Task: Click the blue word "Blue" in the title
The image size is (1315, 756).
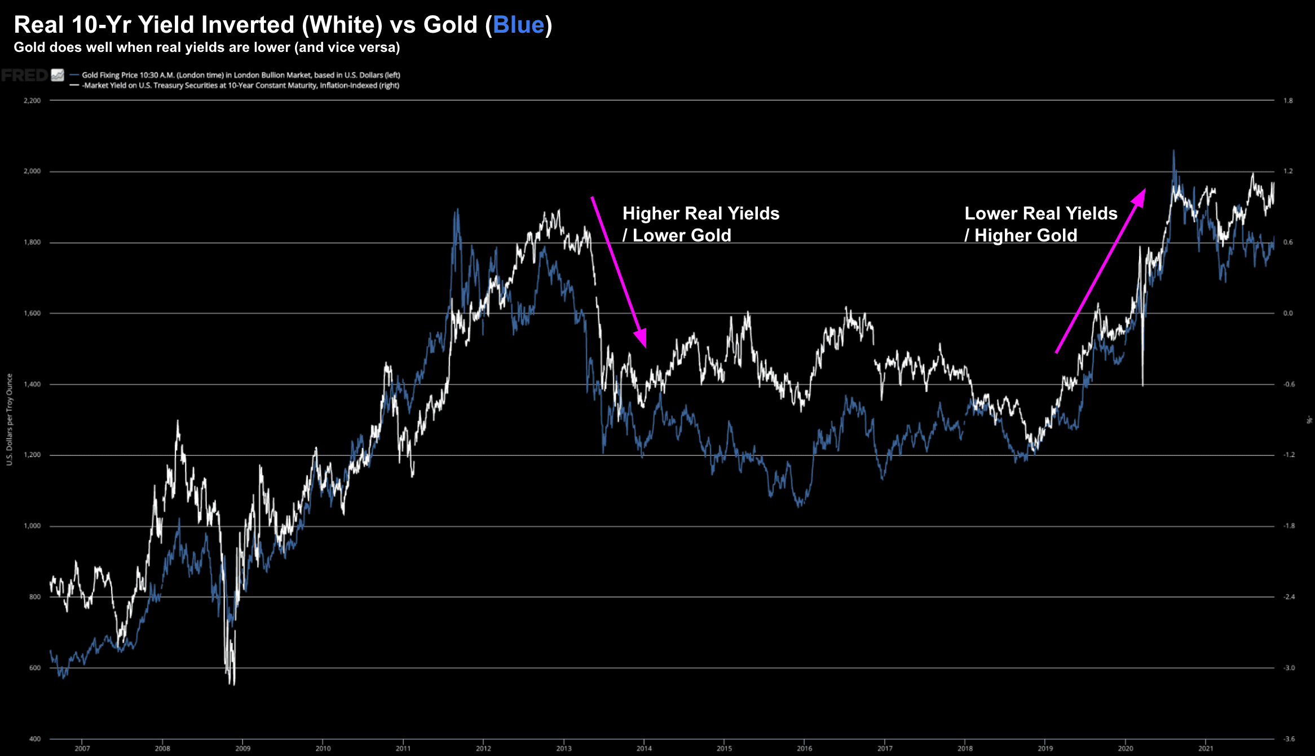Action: click(518, 25)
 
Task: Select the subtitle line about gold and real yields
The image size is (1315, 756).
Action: click(206, 47)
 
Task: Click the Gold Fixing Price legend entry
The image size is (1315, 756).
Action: click(241, 75)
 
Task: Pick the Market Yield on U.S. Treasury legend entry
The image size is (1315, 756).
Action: click(241, 86)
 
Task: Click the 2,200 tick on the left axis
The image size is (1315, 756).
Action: click(32, 100)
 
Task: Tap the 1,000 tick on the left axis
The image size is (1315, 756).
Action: click(32, 526)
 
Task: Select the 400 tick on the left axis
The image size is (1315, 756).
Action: click(35, 739)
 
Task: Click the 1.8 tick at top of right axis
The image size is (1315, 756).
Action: click(1288, 100)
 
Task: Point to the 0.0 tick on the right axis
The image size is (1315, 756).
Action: click(1288, 313)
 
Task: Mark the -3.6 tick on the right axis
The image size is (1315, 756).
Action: click(1288, 739)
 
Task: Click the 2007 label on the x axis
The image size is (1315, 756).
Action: click(82, 749)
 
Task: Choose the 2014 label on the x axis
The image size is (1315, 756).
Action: click(644, 749)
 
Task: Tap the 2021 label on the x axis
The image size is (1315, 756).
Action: click(1206, 749)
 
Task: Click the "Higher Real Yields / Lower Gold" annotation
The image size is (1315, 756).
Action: click(700, 225)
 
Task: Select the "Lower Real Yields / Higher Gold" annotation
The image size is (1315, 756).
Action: click(1040, 225)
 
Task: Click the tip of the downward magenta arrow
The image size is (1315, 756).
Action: click(645, 346)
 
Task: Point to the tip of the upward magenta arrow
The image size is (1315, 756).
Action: click(1145, 190)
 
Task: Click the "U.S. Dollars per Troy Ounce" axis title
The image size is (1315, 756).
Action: click(10, 420)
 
